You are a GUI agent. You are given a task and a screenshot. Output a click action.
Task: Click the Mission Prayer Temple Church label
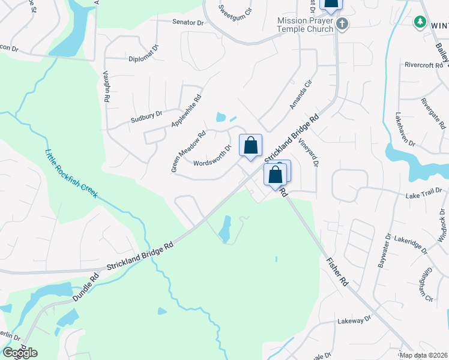click(305, 25)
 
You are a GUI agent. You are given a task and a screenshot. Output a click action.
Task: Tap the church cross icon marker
click(342, 24)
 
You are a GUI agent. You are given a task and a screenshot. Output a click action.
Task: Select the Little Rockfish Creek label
click(71, 174)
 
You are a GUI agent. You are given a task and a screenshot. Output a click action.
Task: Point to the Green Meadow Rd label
click(188, 152)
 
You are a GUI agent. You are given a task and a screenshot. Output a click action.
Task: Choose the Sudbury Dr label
click(146, 116)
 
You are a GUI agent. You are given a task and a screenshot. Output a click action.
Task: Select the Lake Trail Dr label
click(423, 193)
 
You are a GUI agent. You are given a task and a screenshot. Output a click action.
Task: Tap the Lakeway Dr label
click(351, 321)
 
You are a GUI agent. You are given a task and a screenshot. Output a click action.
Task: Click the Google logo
click(20, 353)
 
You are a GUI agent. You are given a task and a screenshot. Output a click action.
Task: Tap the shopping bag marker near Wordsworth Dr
click(250, 145)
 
